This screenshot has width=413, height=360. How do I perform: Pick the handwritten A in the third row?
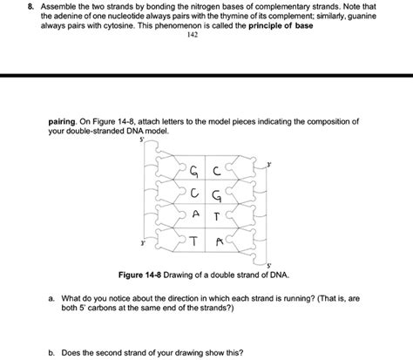197,214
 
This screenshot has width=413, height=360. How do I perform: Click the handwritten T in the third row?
219,215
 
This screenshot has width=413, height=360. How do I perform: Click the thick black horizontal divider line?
206,77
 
